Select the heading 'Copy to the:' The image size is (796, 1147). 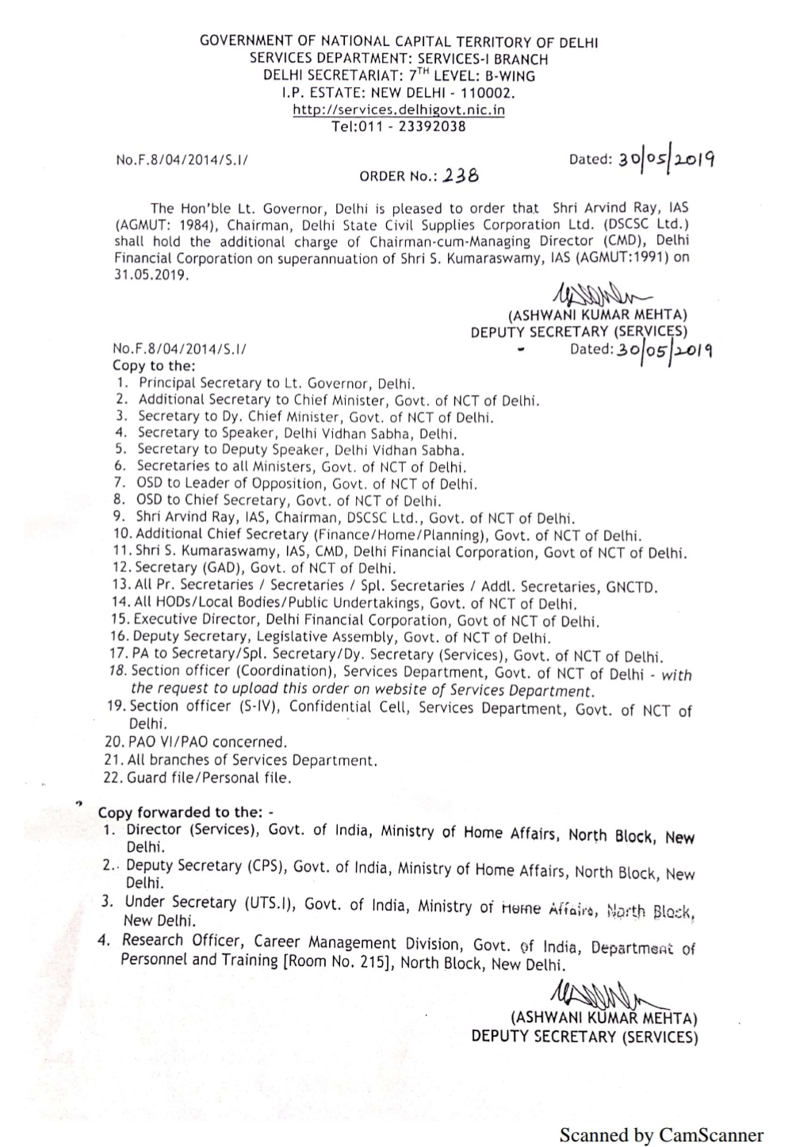click(x=154, y=366)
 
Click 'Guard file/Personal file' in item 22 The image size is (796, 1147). click(x=209, y=778)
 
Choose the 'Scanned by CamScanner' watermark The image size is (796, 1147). click(x=661, y=1135)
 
